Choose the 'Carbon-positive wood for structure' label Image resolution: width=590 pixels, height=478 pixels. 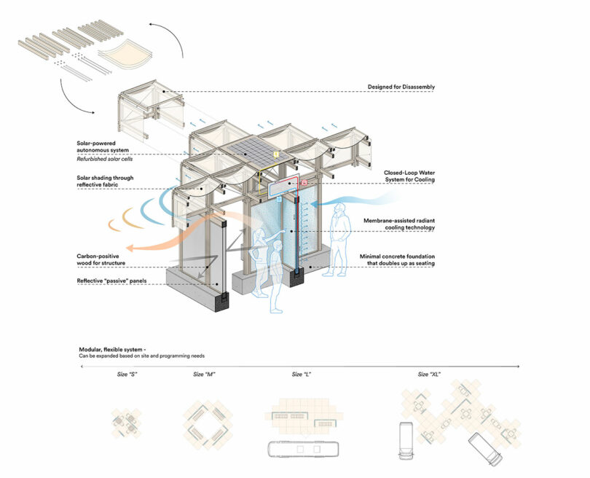[x=105, y=259]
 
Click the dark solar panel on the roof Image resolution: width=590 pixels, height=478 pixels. [x=253, y=150]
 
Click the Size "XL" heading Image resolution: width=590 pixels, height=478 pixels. [x=429, y=375]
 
